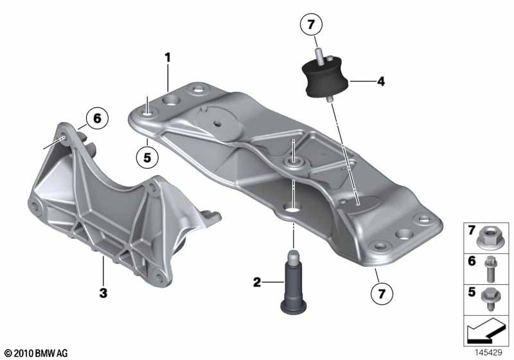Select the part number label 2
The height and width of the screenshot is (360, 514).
pyautogui.click(x=256, y=282)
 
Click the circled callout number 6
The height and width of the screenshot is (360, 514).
pyautogui.click(x=96, y=118)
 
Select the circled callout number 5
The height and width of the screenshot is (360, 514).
pyautogui.click(x=146, y=155)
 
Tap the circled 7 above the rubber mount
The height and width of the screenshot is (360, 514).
pyautogui.click(x=310, y=26)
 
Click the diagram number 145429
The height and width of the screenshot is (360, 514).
pyautogui.click(x=490, y=352)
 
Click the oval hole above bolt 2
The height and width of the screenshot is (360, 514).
pyautogui.click(x=292, y=208)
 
